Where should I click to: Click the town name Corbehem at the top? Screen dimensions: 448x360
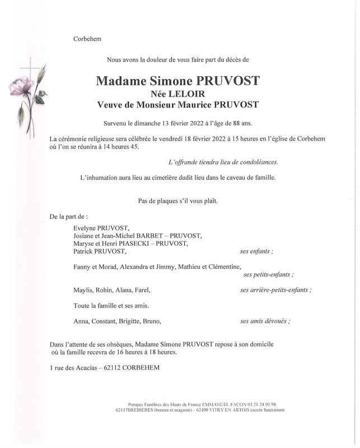[87, 39]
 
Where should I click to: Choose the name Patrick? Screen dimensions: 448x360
[85, 251]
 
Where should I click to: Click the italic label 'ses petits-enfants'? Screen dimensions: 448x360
[268, 274]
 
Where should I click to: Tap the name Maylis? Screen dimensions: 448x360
[83, 290]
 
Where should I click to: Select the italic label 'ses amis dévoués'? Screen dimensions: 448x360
[265, 321]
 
